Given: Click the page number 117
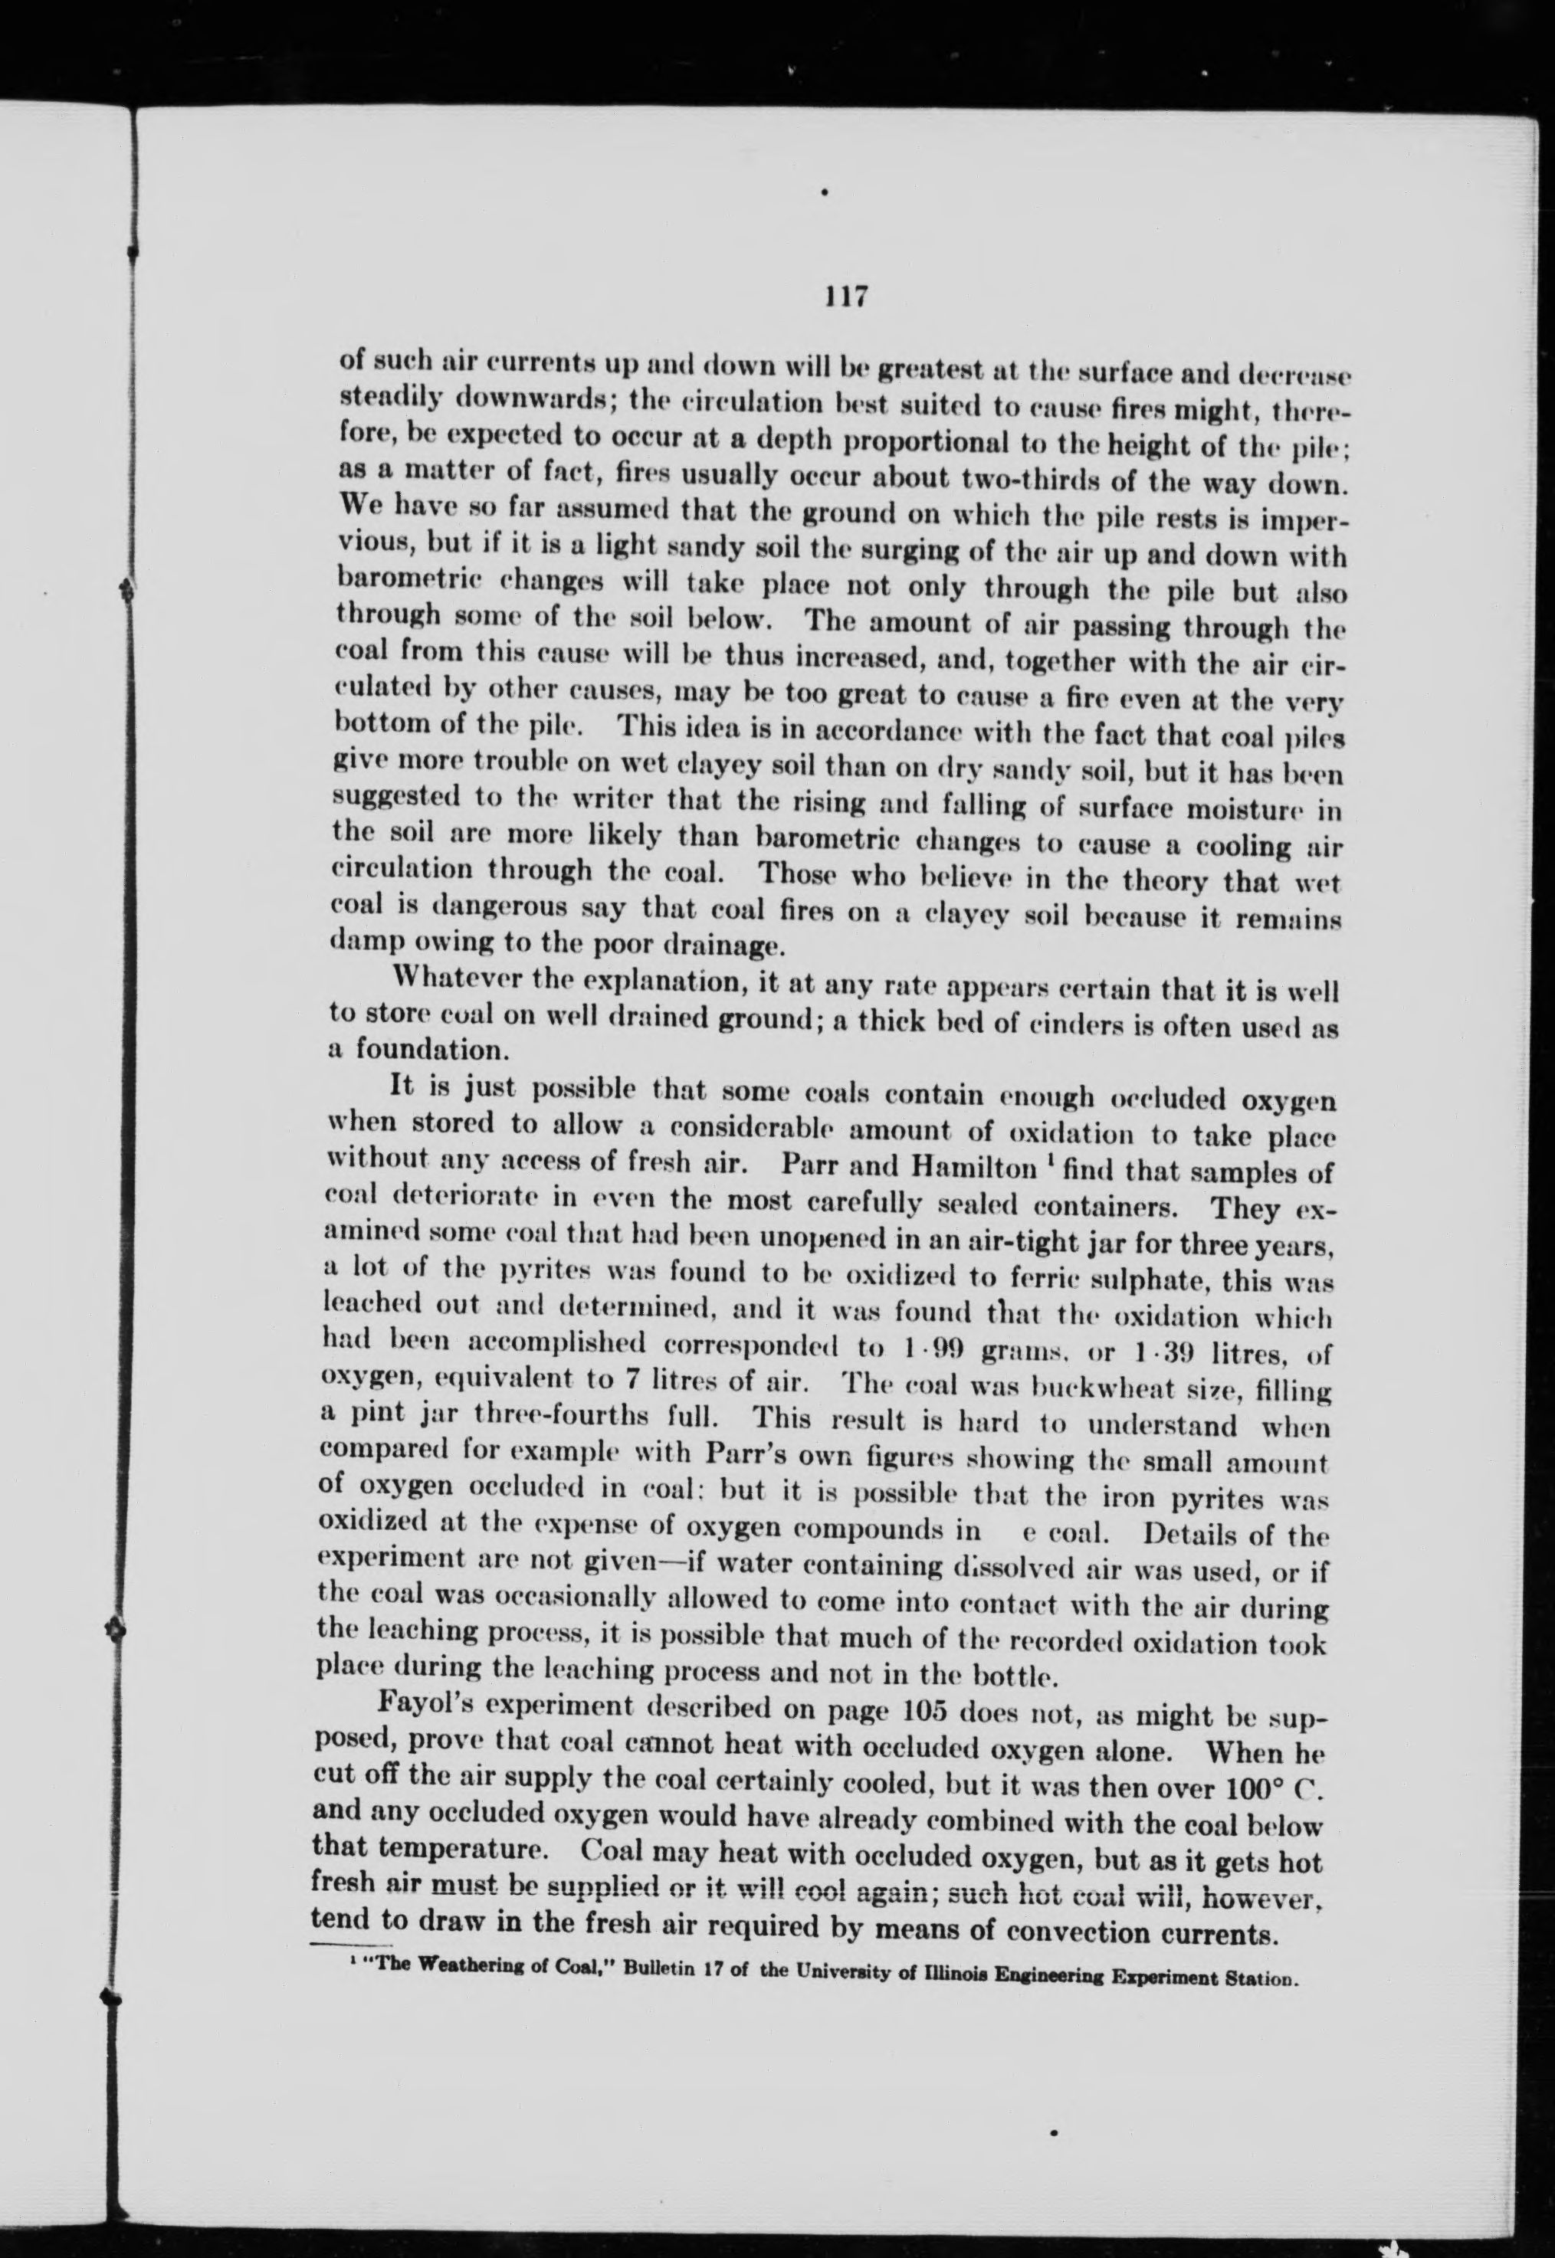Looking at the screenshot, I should point(845,296).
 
